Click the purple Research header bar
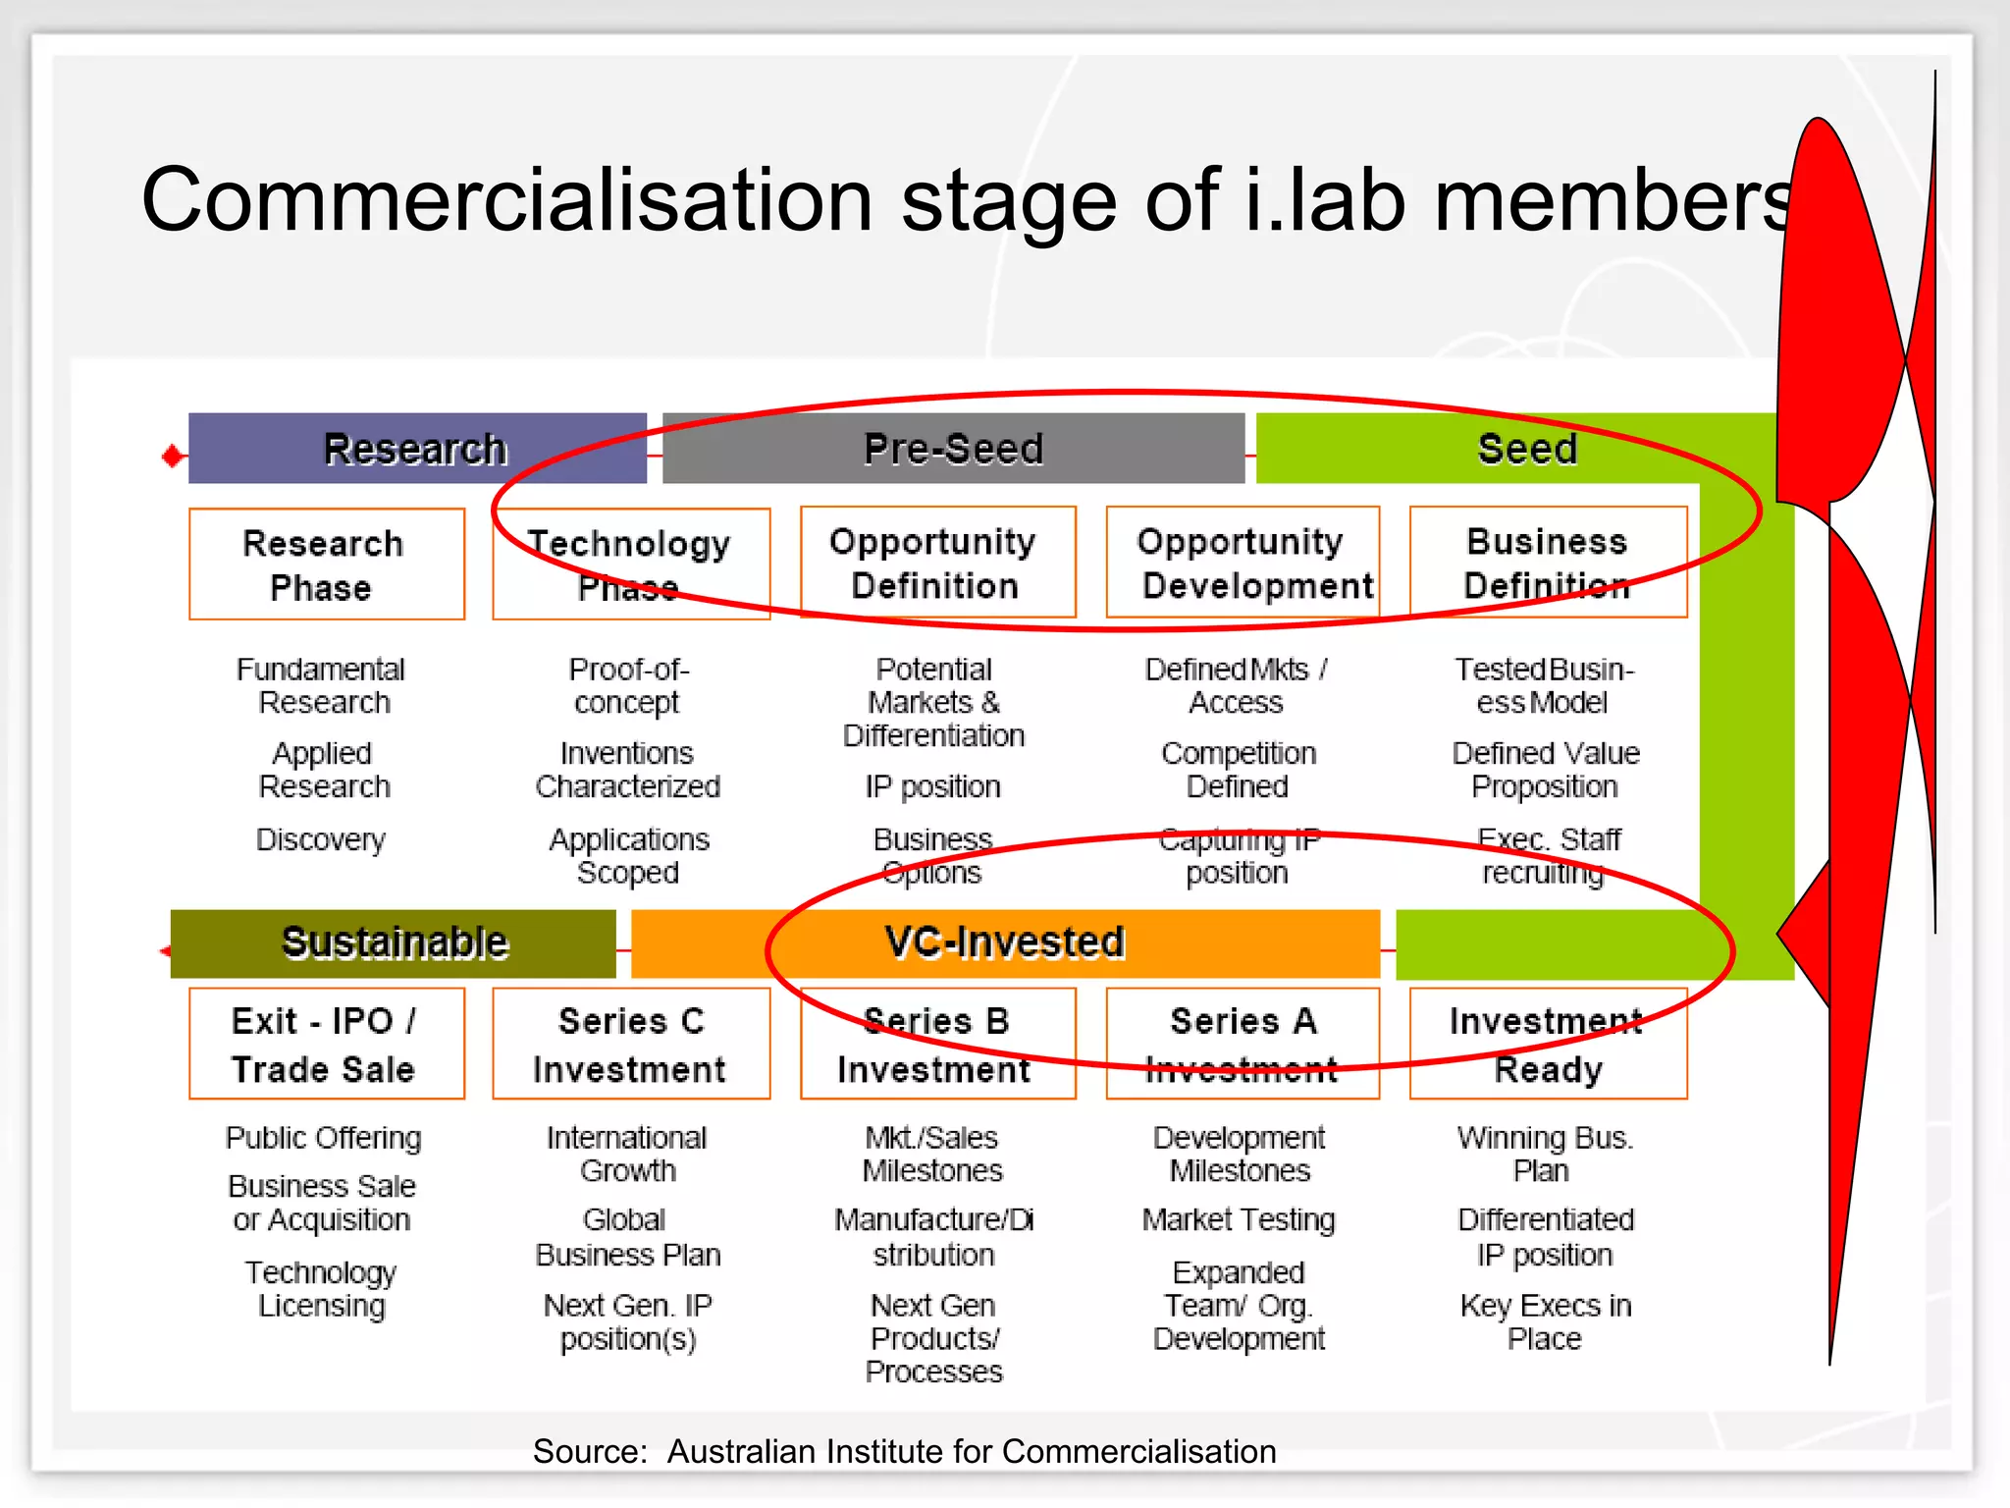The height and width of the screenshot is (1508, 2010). (416, 449)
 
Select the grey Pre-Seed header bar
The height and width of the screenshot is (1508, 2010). (953, 449)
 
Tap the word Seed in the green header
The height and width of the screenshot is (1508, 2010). (1527, 449)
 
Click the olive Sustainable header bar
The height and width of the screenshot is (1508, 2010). (394, 942)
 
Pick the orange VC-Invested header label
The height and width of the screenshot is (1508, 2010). (1004, 942)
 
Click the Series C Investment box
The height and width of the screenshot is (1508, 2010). (631, 1045)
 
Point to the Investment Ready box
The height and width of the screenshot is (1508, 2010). (1548, 1045)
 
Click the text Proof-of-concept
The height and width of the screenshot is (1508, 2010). (628, 685)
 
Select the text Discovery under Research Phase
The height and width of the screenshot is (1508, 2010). (321, 839)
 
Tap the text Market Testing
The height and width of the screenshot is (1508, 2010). (1239, 1219)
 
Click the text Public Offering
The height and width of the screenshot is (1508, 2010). (323, 1138)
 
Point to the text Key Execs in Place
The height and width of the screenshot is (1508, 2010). (1546, 1321)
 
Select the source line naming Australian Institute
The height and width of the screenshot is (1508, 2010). (904, 1451)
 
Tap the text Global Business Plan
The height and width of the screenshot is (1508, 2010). (628, 1237)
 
